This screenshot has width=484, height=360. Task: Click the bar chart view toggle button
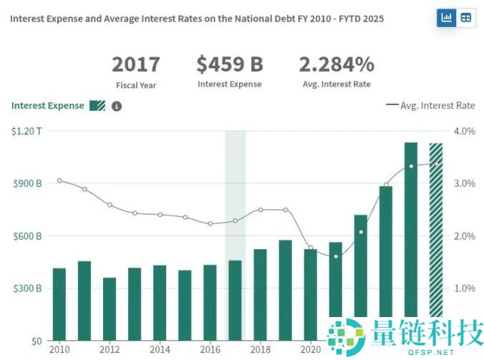coord(447,18)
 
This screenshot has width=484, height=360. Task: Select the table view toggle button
coord(466,18)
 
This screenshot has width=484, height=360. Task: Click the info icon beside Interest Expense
coord(117,106)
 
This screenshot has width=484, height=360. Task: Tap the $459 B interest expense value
coord(230,64)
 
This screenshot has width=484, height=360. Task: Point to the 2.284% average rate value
coord(337,64)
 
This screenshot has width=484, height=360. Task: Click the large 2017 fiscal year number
coord(136,64)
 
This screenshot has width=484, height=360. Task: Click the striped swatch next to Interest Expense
coord(97,106)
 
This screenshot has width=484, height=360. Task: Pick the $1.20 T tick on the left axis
coord(26,131)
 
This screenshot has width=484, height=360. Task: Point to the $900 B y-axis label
coord(27,183)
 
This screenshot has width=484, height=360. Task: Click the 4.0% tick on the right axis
coord(465,131)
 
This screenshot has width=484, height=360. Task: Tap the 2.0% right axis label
coord(465,236)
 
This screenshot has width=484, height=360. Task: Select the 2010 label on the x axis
coord(59,350)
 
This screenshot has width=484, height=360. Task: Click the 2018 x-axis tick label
coord(260,350)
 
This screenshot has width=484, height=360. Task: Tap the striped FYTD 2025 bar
coord(435,229)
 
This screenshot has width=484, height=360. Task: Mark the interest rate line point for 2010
coord(59,180)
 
